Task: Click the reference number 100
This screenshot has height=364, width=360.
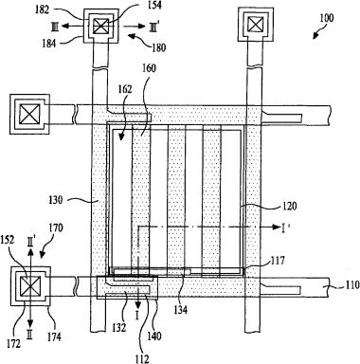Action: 326,18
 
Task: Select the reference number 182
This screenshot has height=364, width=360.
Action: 42,10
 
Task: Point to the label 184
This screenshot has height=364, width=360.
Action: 48,43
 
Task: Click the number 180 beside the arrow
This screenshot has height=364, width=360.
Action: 158,47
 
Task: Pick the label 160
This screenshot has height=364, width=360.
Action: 148,68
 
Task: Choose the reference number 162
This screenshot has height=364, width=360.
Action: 124,89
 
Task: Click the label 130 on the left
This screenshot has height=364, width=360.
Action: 56,200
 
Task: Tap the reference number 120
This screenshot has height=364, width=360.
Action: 289,207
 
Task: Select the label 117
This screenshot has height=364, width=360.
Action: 277,261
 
